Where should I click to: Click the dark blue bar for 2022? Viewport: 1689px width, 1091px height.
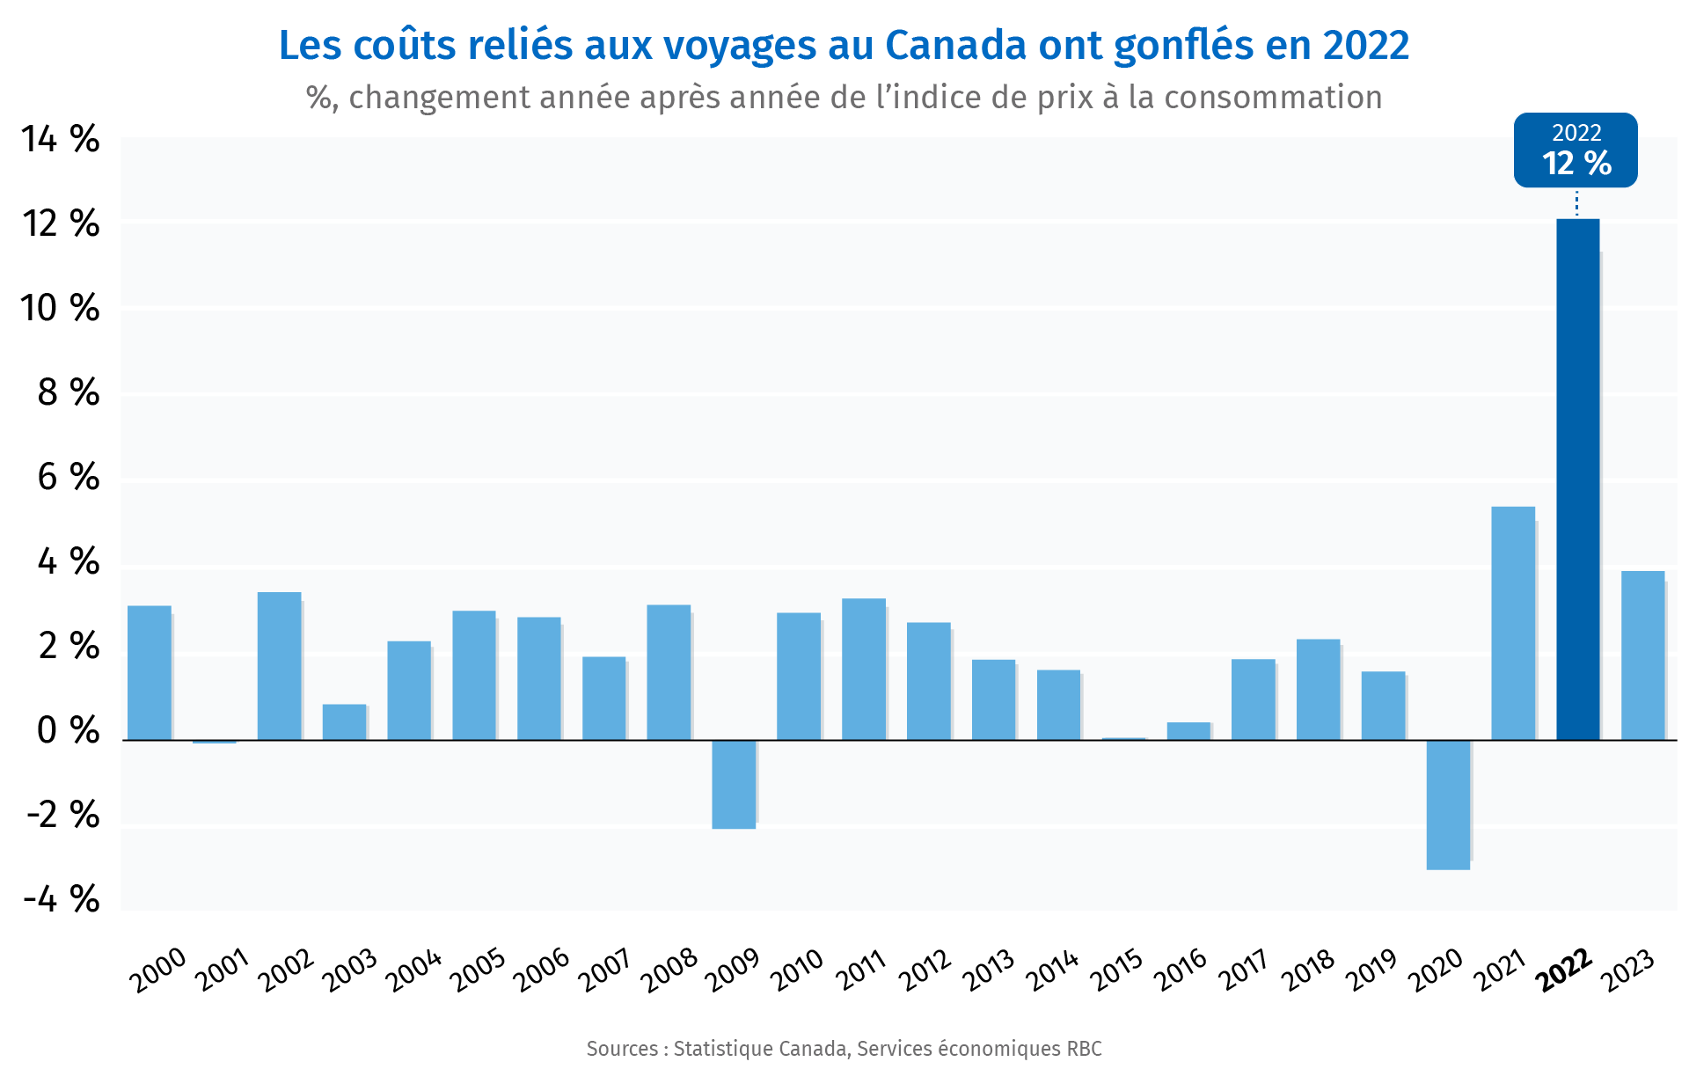1577,480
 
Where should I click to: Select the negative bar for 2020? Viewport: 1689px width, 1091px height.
1448,804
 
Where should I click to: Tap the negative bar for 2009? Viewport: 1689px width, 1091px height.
734,784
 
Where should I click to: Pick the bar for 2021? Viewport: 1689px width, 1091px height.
1513,623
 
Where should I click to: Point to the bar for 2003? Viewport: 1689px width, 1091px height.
344,721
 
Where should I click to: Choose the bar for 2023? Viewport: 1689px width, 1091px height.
1642,655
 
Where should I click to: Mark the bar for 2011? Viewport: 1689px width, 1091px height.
863,669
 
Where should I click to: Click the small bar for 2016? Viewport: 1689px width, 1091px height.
1188,731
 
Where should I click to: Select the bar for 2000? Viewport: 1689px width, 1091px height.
150,672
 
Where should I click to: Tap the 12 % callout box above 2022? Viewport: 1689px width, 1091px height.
1576,150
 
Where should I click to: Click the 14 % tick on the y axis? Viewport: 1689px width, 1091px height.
61,139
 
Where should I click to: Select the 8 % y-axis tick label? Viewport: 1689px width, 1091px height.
68,392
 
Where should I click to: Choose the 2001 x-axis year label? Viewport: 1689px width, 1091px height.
223,970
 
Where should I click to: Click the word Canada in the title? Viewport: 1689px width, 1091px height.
955,46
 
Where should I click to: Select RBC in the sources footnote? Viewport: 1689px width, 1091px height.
1084,1049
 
